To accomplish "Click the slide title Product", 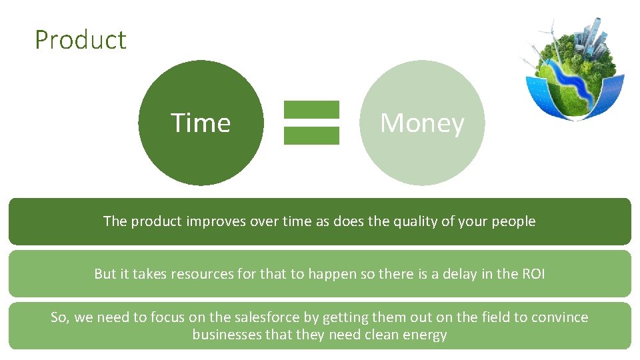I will pyautogui.click(x=80, y=40).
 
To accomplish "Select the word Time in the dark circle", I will pyautogui.click(x=201, y=123).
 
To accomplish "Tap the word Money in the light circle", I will pyautogui.click(x=422, y=123).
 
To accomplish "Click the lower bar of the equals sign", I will pyautogui.click(x=311, y=135).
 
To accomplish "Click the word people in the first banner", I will pyautogui.click(x=513, y=222).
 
